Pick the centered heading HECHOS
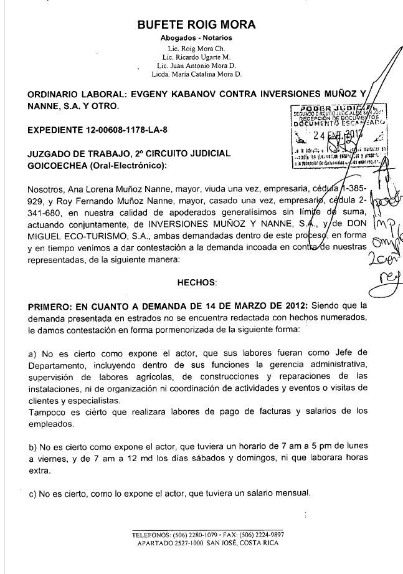[x=197, y=282]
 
